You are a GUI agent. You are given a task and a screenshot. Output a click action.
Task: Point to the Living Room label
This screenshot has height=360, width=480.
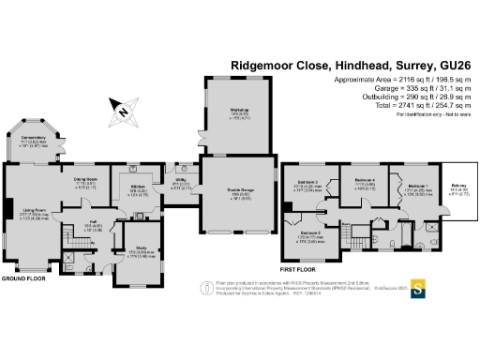(x=35, y=211)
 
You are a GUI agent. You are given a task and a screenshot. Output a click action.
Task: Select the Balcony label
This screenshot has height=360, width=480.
(x=460, y=186)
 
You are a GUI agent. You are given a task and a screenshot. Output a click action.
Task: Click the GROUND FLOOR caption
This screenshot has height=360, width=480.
(x=22, y=278)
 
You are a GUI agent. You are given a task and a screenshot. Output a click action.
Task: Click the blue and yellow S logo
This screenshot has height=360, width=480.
(x=419, y=288)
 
